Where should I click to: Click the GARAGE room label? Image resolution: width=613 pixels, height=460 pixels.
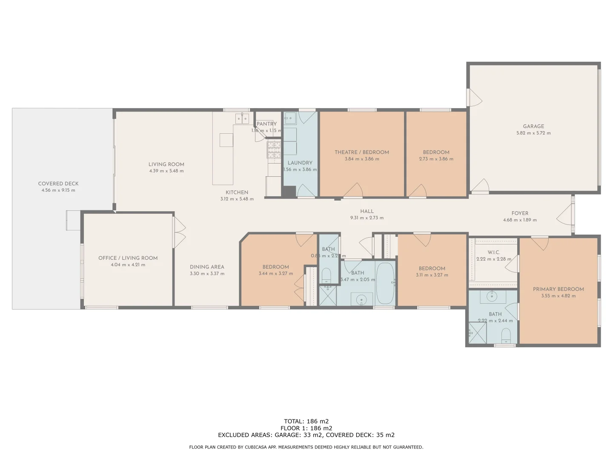click(x=533, y=126)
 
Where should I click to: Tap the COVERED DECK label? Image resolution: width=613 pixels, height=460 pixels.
click(x=58, y=184)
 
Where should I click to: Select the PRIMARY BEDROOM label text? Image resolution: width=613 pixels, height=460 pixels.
click(x=558, y=289)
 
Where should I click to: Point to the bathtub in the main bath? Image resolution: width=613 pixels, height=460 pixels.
click(x=385, y=283)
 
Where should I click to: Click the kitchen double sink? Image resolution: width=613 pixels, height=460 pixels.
click(x=242, y=118)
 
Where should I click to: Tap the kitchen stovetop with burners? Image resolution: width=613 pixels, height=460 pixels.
click(x=274, y=149)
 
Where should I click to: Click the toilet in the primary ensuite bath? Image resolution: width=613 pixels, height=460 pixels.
click(x=506, y=335)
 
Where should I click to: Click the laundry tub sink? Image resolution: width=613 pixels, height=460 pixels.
click(x=290, y=118)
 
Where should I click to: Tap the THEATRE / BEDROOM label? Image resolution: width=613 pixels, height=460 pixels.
click(x=361, y=152)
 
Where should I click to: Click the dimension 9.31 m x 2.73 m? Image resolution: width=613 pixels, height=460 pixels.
click(x=367, y=218)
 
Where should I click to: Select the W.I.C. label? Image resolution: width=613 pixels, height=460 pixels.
click(x=493, y=252)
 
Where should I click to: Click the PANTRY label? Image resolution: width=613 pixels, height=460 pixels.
click(x=266, y=124)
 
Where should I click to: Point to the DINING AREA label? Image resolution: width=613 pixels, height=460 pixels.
click(x=207, y=267)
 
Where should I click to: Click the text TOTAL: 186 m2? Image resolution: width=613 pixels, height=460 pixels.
click(x=306, y=421)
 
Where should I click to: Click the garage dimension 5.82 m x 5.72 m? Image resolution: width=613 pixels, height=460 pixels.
click(x=533, y=133)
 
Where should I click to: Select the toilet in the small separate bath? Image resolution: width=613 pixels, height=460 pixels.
click(x=327, y=275)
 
